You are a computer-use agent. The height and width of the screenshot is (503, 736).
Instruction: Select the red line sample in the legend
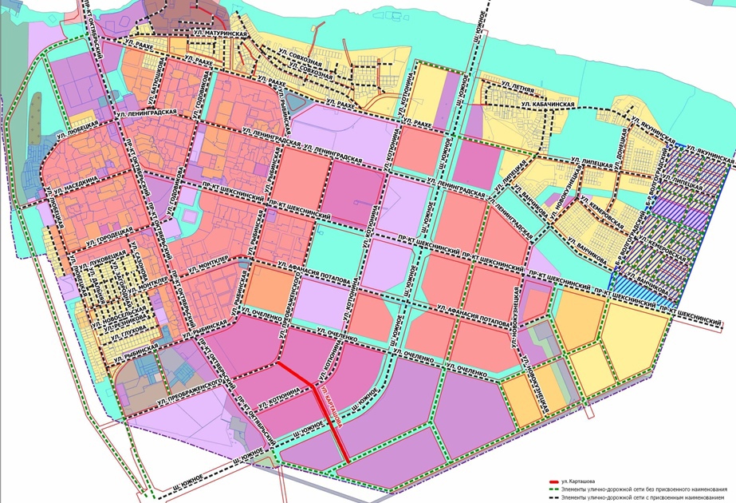point(555,483)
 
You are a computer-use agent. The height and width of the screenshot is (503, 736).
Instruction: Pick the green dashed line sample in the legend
point(555,490)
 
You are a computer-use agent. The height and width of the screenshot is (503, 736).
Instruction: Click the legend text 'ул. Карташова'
point(577,483)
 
